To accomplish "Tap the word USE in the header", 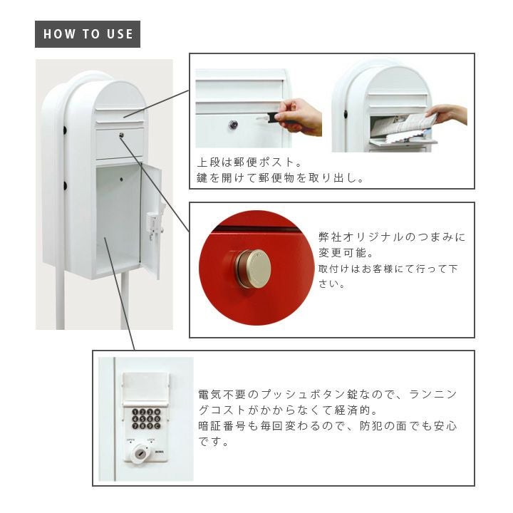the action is [120, 34].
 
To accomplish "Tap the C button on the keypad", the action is [157, 426].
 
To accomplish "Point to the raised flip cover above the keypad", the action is [146, 389].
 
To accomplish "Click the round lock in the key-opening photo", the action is [233, 125].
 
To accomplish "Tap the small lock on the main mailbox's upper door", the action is [121, 135].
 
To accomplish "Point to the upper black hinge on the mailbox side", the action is [65, 130].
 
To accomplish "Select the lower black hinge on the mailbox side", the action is [65, 186].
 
